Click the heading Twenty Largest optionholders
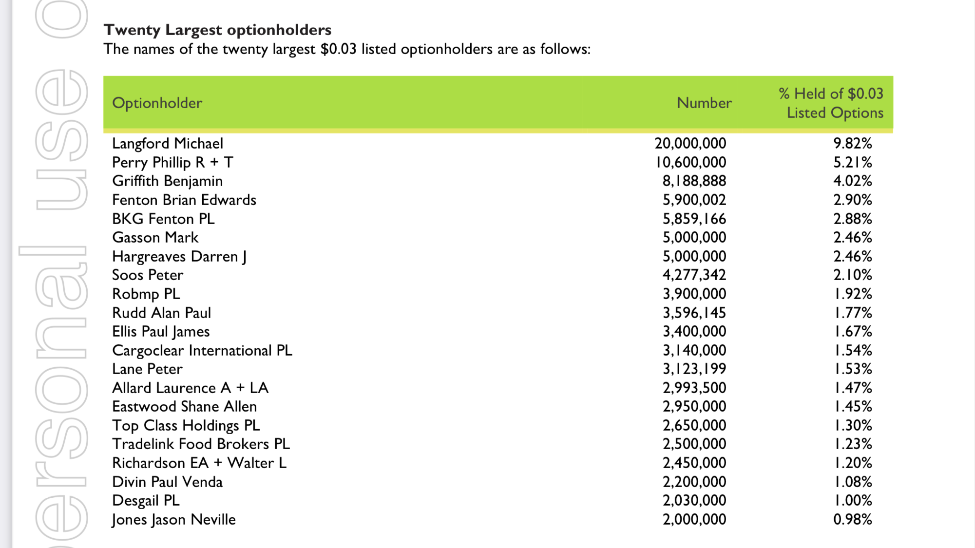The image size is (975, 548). coord(217,30)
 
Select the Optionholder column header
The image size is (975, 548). coord(157,103)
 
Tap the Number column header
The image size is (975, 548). coord(704,103)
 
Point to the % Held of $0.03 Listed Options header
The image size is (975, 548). coord(831,103)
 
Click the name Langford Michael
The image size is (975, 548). coord(168,144)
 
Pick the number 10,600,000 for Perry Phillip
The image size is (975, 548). coord(691,162)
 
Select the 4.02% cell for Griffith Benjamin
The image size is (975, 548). coord(852,181)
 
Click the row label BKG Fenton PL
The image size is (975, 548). coord(163,219)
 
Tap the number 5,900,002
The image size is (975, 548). coord(694,200)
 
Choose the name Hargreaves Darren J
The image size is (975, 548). coord(179,257)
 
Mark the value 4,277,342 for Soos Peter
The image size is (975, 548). coord(694,275)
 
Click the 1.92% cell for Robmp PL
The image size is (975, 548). coord(853,294)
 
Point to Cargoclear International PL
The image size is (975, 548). coord(202,351)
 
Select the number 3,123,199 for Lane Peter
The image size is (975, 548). coord(694,369)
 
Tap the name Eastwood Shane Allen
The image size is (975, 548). coord(184,407)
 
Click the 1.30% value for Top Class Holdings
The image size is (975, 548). coord(853,426)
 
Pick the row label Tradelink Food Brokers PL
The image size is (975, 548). coord(201,444)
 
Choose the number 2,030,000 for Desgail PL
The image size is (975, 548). coord(694,501)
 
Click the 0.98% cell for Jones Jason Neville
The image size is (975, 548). coord(852,520)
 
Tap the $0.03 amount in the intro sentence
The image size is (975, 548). coord(338,49)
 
